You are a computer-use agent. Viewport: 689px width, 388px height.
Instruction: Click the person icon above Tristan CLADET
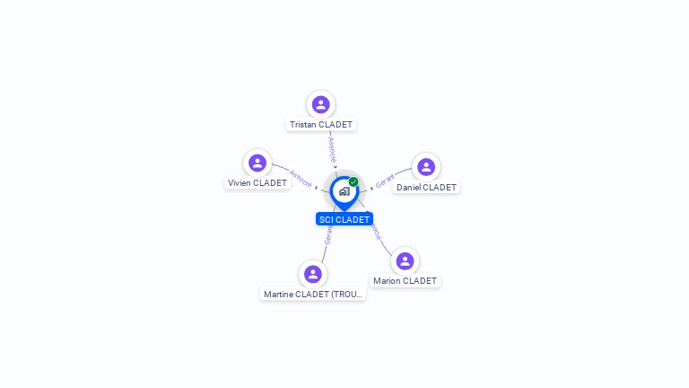click(320, 104)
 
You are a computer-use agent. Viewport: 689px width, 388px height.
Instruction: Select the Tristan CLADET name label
click(321, 125)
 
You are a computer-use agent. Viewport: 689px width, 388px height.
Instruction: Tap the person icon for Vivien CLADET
click(257, 163)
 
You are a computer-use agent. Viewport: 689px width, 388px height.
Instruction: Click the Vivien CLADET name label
click(257, 183)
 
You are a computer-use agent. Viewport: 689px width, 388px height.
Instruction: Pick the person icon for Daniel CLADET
click(426, 166)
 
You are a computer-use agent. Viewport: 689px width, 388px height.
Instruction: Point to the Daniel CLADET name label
click(426, 188)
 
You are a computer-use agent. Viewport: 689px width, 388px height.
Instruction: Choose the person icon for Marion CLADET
click(405, 260)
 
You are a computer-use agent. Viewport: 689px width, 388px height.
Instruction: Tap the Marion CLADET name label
click(405, 281)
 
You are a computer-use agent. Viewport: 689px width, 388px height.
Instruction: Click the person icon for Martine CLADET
click(312, 274)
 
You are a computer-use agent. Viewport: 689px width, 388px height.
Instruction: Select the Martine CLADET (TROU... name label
click(313, 294)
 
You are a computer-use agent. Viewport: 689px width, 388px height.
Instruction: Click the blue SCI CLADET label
click(344, 219)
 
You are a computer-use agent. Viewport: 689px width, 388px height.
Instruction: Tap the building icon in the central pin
click(344, 191)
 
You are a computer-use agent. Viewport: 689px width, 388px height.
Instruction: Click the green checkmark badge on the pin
click(353, 182)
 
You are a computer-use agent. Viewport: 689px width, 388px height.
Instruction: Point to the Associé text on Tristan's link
click(332, 149)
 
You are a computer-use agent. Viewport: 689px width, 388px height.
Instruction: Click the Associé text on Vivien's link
click(301, 178)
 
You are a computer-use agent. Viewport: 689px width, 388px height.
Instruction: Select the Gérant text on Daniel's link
click(385, 181)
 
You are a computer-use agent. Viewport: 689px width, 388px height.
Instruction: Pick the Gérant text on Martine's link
click(328, 235)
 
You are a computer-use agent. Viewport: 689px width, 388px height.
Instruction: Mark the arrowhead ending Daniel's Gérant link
click(371, 189)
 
